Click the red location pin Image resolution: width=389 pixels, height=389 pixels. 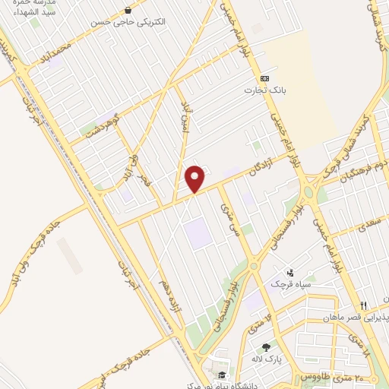click(x=196, y=179)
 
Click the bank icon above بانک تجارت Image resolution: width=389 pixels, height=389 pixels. click(x=264, y=79)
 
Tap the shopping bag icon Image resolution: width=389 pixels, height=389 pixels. click(x=127, y=11)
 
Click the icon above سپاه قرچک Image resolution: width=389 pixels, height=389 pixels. click(x=289, y=272)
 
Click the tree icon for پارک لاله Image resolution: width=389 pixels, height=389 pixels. click(x=266, y=346)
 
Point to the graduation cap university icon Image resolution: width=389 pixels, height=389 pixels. click(x=222, y=375)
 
